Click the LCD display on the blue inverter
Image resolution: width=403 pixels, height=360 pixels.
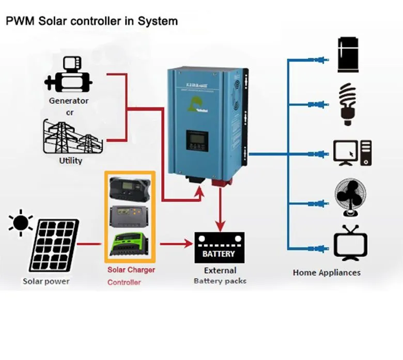(x=197, y=139)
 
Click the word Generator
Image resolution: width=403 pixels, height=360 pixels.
(x=69, y=101)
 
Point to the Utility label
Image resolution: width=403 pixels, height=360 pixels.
(x=71, y=161)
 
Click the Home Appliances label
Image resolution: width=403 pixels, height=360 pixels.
(x=327, y=272)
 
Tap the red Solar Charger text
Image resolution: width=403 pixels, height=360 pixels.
(x=131, y=270)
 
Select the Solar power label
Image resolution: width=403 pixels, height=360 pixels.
(x=46, y=281)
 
